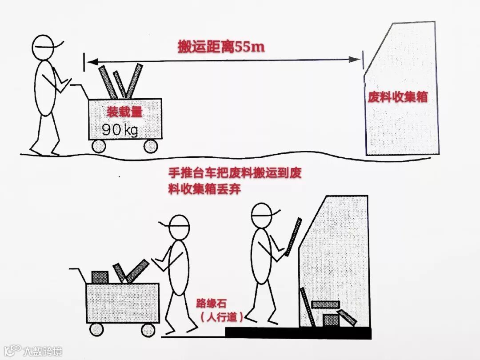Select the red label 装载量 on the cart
coord(124,112)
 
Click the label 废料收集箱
coord(397,97)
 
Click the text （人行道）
coord(221,317)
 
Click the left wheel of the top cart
coord(98,146)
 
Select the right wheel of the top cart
coord(151,146)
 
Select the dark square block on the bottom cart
coord(100,277)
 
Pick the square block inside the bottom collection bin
coord(330,320)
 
